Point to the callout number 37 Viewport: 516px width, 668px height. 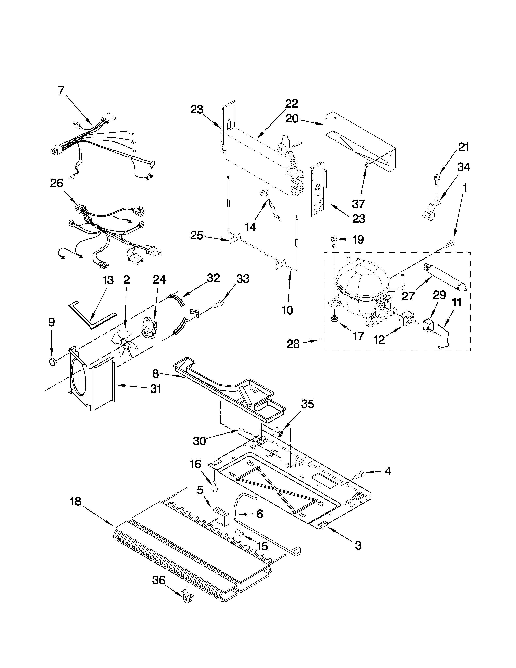click(x=359, y=204)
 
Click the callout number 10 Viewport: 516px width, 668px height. click(x=287, y=310)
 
